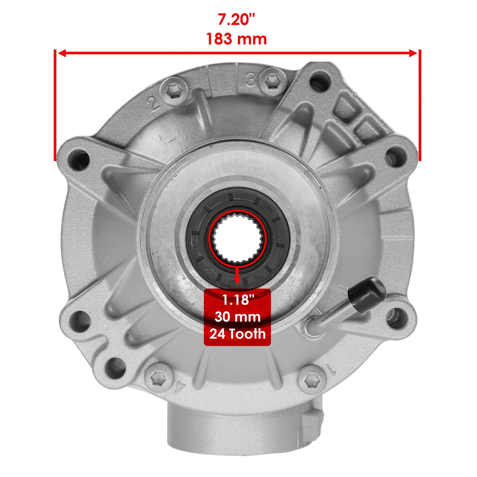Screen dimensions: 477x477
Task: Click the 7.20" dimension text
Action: point(236,20)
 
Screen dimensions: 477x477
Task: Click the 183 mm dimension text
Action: point(236,39)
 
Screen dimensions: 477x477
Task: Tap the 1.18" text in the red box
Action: point(237,300)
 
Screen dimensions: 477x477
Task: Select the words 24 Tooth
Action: point(237,334)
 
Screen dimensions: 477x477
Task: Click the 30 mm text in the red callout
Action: point(237,317)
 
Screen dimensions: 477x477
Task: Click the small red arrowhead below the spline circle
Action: point(237,280)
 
